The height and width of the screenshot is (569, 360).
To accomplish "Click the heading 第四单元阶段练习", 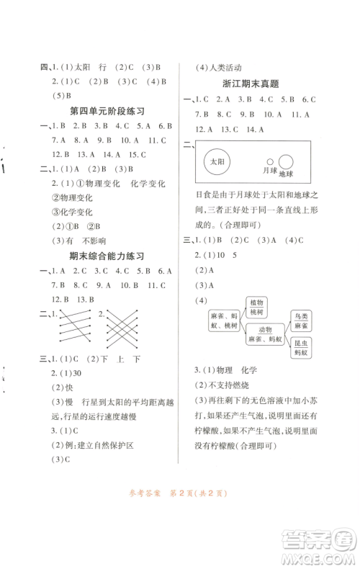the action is [107, 111].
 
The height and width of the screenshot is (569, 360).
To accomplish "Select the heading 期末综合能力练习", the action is [107, 256].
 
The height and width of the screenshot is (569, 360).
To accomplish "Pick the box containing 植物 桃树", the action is [256, 306].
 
